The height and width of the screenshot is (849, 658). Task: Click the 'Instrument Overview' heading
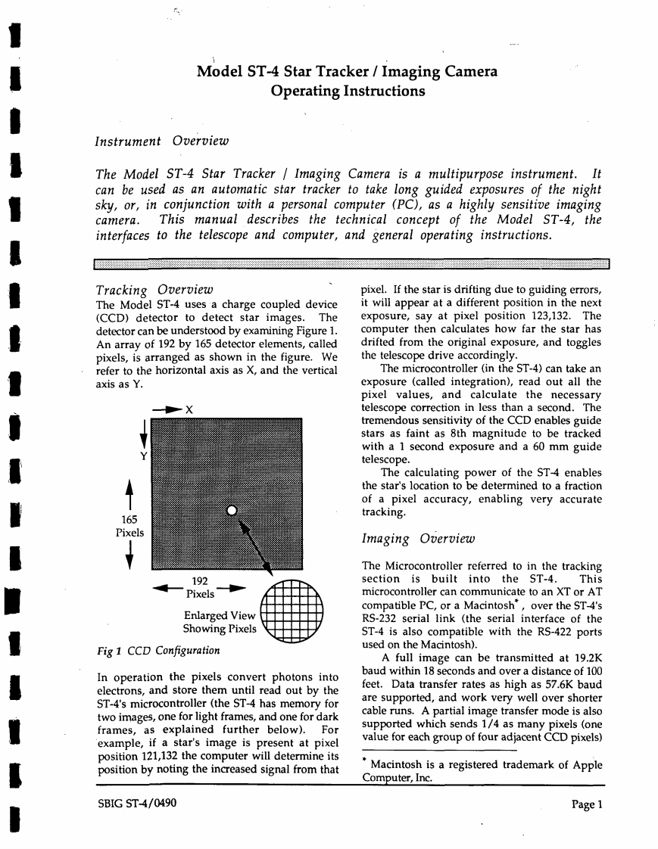pos(161,141)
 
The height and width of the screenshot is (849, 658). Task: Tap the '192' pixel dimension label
pos(201,581)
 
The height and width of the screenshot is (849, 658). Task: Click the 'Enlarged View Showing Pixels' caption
pos(219,622)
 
